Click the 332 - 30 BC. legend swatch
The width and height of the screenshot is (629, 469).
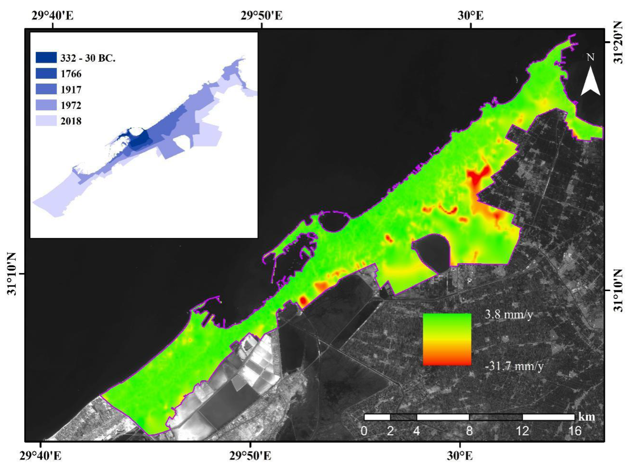(x=46, y=58)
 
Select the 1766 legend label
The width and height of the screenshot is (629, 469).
(x=71, y=74)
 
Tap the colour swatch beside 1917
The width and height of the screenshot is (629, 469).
(x=46, y=89)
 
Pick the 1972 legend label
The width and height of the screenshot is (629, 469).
(x=71, y=105)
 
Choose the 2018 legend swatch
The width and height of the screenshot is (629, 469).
(x=46, y=121)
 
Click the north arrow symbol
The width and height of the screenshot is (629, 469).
(x=590, y=81)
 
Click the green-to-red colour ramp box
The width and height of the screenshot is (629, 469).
(x=447, y=339)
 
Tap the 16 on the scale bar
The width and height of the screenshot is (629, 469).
(x=575, y=431)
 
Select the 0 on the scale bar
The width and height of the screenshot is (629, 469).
(x=364, y=431)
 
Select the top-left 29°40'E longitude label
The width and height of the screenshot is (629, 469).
(x=53, y=16)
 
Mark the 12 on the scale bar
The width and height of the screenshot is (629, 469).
(x=522, y=431)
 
